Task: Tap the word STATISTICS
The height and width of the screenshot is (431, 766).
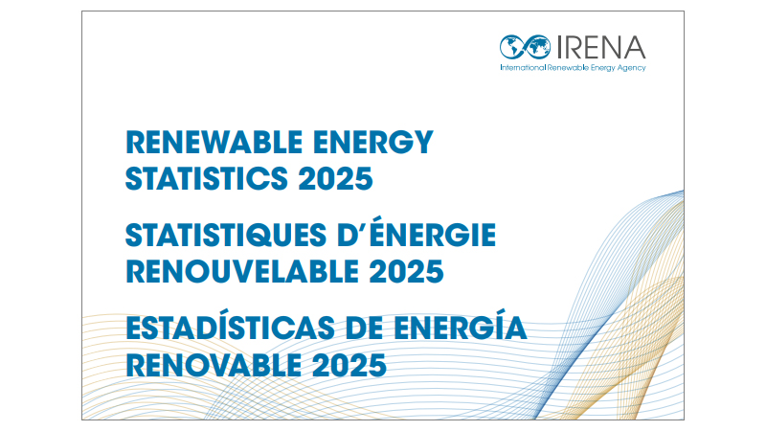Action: [205, 178]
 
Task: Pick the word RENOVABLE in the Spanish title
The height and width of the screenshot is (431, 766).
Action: [211, 364]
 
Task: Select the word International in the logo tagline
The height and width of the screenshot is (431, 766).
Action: [522, 68]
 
